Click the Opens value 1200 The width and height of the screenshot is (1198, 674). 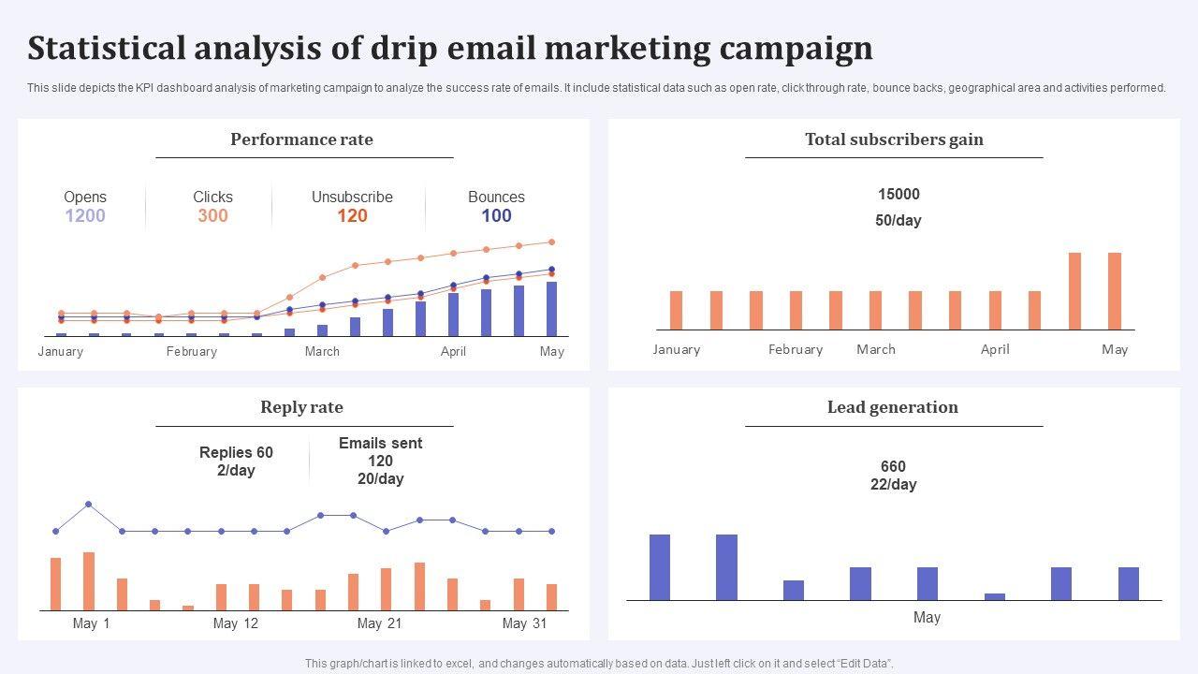pyautogui.click(x=85, y=216)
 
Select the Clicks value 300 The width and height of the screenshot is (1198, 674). pyautogui.click(x=212, y=216)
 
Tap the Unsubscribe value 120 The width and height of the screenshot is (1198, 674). pyautogui.click(x=352, y=216)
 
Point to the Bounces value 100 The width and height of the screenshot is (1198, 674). pyautogui.click(x=496, y=216)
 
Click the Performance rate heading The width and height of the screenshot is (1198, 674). pyautogui.click(x=301, y=139)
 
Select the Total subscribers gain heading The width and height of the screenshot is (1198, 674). pyautogui.click(x=894, y=139)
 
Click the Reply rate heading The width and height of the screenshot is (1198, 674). pyautogui.click(x=301, y=407)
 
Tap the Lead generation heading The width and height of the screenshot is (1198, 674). pyautogui.click(x=892, y=407)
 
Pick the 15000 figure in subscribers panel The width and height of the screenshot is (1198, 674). pyautogui.click(x=898, y=195)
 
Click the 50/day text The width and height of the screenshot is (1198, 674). pyautogui.click(x=898, y=221)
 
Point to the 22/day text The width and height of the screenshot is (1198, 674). pyautogui.click(x=893, y=485)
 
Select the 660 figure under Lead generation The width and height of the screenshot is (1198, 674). pyautogui.click(x=893, y=466)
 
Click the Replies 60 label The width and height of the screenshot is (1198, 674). pyautogui.click(x=236, y=453)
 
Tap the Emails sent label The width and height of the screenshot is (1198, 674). pyautogui.click(x=380, y=444)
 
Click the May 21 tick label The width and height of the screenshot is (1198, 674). pyautogui.click(x=380, y=623)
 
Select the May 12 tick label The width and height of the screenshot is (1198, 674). pyautogui.click(x=236, y=623)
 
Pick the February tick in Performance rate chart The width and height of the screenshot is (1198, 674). pyautogui.click(x=191, y=352)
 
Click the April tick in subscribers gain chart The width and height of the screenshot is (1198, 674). pyautogui.click(x=995, y=349)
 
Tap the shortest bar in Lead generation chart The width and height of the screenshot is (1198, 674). pyautogui.click(x=995, y=596)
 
